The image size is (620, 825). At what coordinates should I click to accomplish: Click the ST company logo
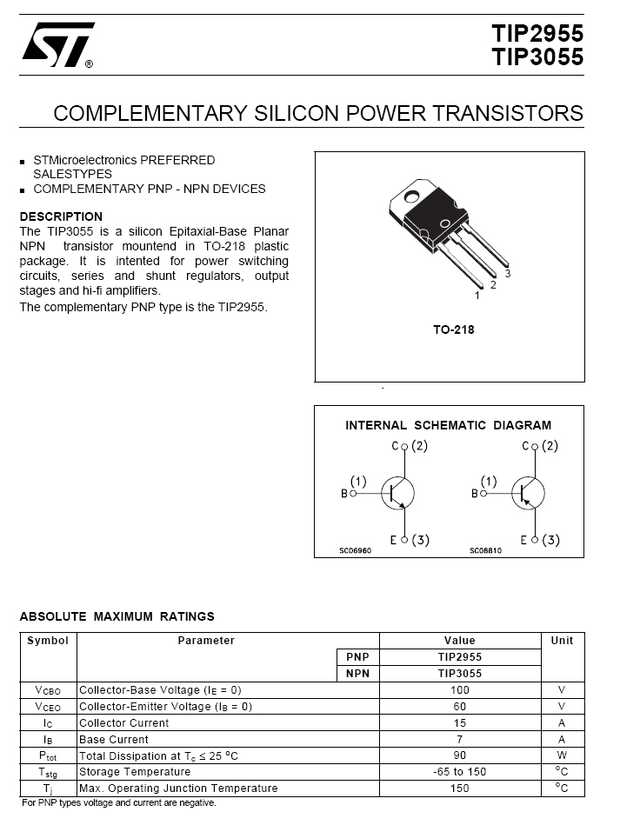click(x=57, y=45)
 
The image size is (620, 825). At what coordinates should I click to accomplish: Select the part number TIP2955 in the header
click(x=537, y=34)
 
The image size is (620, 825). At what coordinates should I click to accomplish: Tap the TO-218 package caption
click(x=453, y=330)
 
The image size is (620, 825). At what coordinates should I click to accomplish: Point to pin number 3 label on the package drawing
click(x=507, y=273)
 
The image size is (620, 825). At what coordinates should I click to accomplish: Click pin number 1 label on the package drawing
click(x=477, y=296)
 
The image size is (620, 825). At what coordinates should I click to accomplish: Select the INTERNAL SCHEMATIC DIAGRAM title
click(x=448, y=425)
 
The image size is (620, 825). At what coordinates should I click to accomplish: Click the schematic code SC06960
click(x=355, y=550)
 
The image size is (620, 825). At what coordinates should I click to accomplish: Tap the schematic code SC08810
click(x=485, y=550)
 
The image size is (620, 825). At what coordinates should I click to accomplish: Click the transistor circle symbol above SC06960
click(x=398, y=493)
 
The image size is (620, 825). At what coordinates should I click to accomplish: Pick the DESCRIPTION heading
click(x=61, y=216)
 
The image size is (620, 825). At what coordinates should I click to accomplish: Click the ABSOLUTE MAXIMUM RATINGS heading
click(x=117, y=616)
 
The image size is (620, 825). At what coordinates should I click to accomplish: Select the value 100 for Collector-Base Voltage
click(x=459, y=689)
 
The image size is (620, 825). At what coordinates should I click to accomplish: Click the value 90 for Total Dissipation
click(x=459, y=755)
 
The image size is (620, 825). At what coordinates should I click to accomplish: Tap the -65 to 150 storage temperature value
click(x=459, y=772)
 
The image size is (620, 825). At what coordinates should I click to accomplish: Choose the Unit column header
click(x=562, y=641)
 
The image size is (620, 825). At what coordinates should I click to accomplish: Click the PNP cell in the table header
click(x=357, y=657)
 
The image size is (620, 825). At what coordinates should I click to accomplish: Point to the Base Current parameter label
click(x=114, y=739)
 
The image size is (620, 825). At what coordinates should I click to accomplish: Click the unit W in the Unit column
click(x=562, y=755)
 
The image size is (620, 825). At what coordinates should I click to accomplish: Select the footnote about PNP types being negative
click(x=118, y=803)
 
